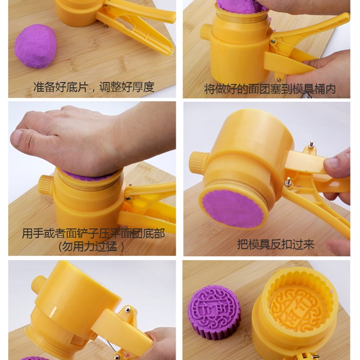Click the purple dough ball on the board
tap(35, 45)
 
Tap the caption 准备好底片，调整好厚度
tap(94, 87)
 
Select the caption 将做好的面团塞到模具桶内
tap(270, 89)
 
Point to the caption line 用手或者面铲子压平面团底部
tap(93, 234)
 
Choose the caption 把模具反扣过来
tap(275, 244)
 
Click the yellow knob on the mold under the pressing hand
tap(45, 185)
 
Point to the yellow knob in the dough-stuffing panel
tap(206, 32)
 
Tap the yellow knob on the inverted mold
tap(198, 162)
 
